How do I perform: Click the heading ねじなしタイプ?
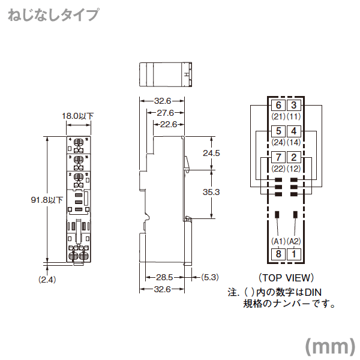(x=53, y=15)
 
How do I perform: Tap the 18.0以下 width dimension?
(x=78, y=115)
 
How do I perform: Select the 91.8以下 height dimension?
(x=47, y=200)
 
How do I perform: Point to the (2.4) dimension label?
(x=47, y=280)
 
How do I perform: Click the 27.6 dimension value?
(x=165, y=112)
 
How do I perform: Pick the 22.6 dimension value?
(x=168, y=124)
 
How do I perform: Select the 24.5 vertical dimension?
(x=212, y=153)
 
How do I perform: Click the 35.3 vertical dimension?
(x=212, y=192)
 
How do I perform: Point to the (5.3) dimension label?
(x=209, y=277)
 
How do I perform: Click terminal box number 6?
(x=278, y=106)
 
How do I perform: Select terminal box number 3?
(x=293, y=106)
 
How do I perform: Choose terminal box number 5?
(x=278, y=131)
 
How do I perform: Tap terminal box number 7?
(x=278, y=158)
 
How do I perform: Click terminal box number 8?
(x=278, y=253)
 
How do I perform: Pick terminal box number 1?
(x=293, y=253)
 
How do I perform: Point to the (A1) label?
(x=278, y=241)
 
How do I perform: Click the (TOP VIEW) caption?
(x=286, y=278)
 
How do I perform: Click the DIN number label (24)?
(x=278, y=143)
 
